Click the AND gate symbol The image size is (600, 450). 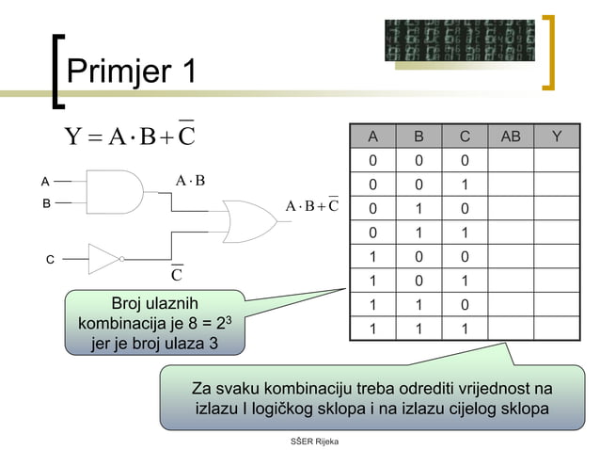(113, 192)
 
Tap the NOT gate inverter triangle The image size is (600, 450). (103, 258)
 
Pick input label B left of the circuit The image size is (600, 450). (44, 202)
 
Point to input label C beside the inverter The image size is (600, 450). (50, 258)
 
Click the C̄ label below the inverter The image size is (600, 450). (176, 275)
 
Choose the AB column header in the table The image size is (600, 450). (511, 137)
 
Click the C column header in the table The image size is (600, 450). (465, 137)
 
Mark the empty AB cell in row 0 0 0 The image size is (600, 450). (511, 161)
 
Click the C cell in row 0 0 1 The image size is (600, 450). (465, 185)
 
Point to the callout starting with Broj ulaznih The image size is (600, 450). (155, 322)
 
